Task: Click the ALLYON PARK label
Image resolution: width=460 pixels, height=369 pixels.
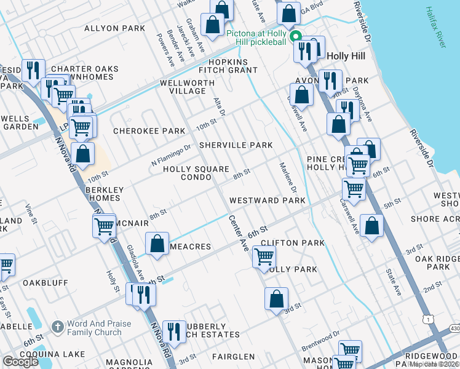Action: (x=114, y=28)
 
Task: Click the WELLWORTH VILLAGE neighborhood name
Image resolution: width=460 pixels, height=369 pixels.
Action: (x=183, y=87)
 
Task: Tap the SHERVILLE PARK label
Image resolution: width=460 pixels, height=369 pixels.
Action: (x=236, y=145)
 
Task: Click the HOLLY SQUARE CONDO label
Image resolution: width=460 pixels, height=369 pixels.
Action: (x=196, y=173)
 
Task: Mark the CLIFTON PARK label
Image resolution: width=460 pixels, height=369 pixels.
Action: (x=292, y=243)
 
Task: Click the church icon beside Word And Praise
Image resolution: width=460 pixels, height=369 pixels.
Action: (x=57, y=327)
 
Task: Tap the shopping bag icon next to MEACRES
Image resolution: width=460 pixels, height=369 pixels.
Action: (x=158, y=241)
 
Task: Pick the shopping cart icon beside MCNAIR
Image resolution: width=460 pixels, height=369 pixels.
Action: (x=104, y=226)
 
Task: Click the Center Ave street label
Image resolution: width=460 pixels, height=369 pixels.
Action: (x=239, y=233)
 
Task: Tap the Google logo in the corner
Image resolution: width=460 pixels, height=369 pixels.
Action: (x=20, y=362)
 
